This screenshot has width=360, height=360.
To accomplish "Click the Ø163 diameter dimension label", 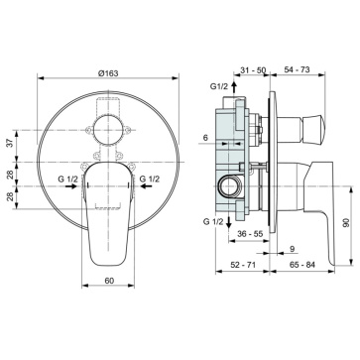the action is pos(108,73).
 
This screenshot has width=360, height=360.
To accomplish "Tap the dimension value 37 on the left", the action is pos(10,143).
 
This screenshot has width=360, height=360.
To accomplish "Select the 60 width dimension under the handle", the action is pos(109,281).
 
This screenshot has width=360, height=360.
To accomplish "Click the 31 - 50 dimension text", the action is pos(253,69).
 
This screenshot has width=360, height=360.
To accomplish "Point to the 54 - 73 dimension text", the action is pos(297,69).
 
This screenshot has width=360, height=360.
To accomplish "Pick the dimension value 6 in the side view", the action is pos(205,138).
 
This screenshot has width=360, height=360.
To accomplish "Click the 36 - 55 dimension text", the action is pos(250,234).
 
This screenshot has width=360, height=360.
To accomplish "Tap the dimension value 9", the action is pos(293,249).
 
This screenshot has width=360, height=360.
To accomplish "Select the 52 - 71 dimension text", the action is pos(243,265).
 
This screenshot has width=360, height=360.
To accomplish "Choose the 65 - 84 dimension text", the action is pos(301,265).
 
